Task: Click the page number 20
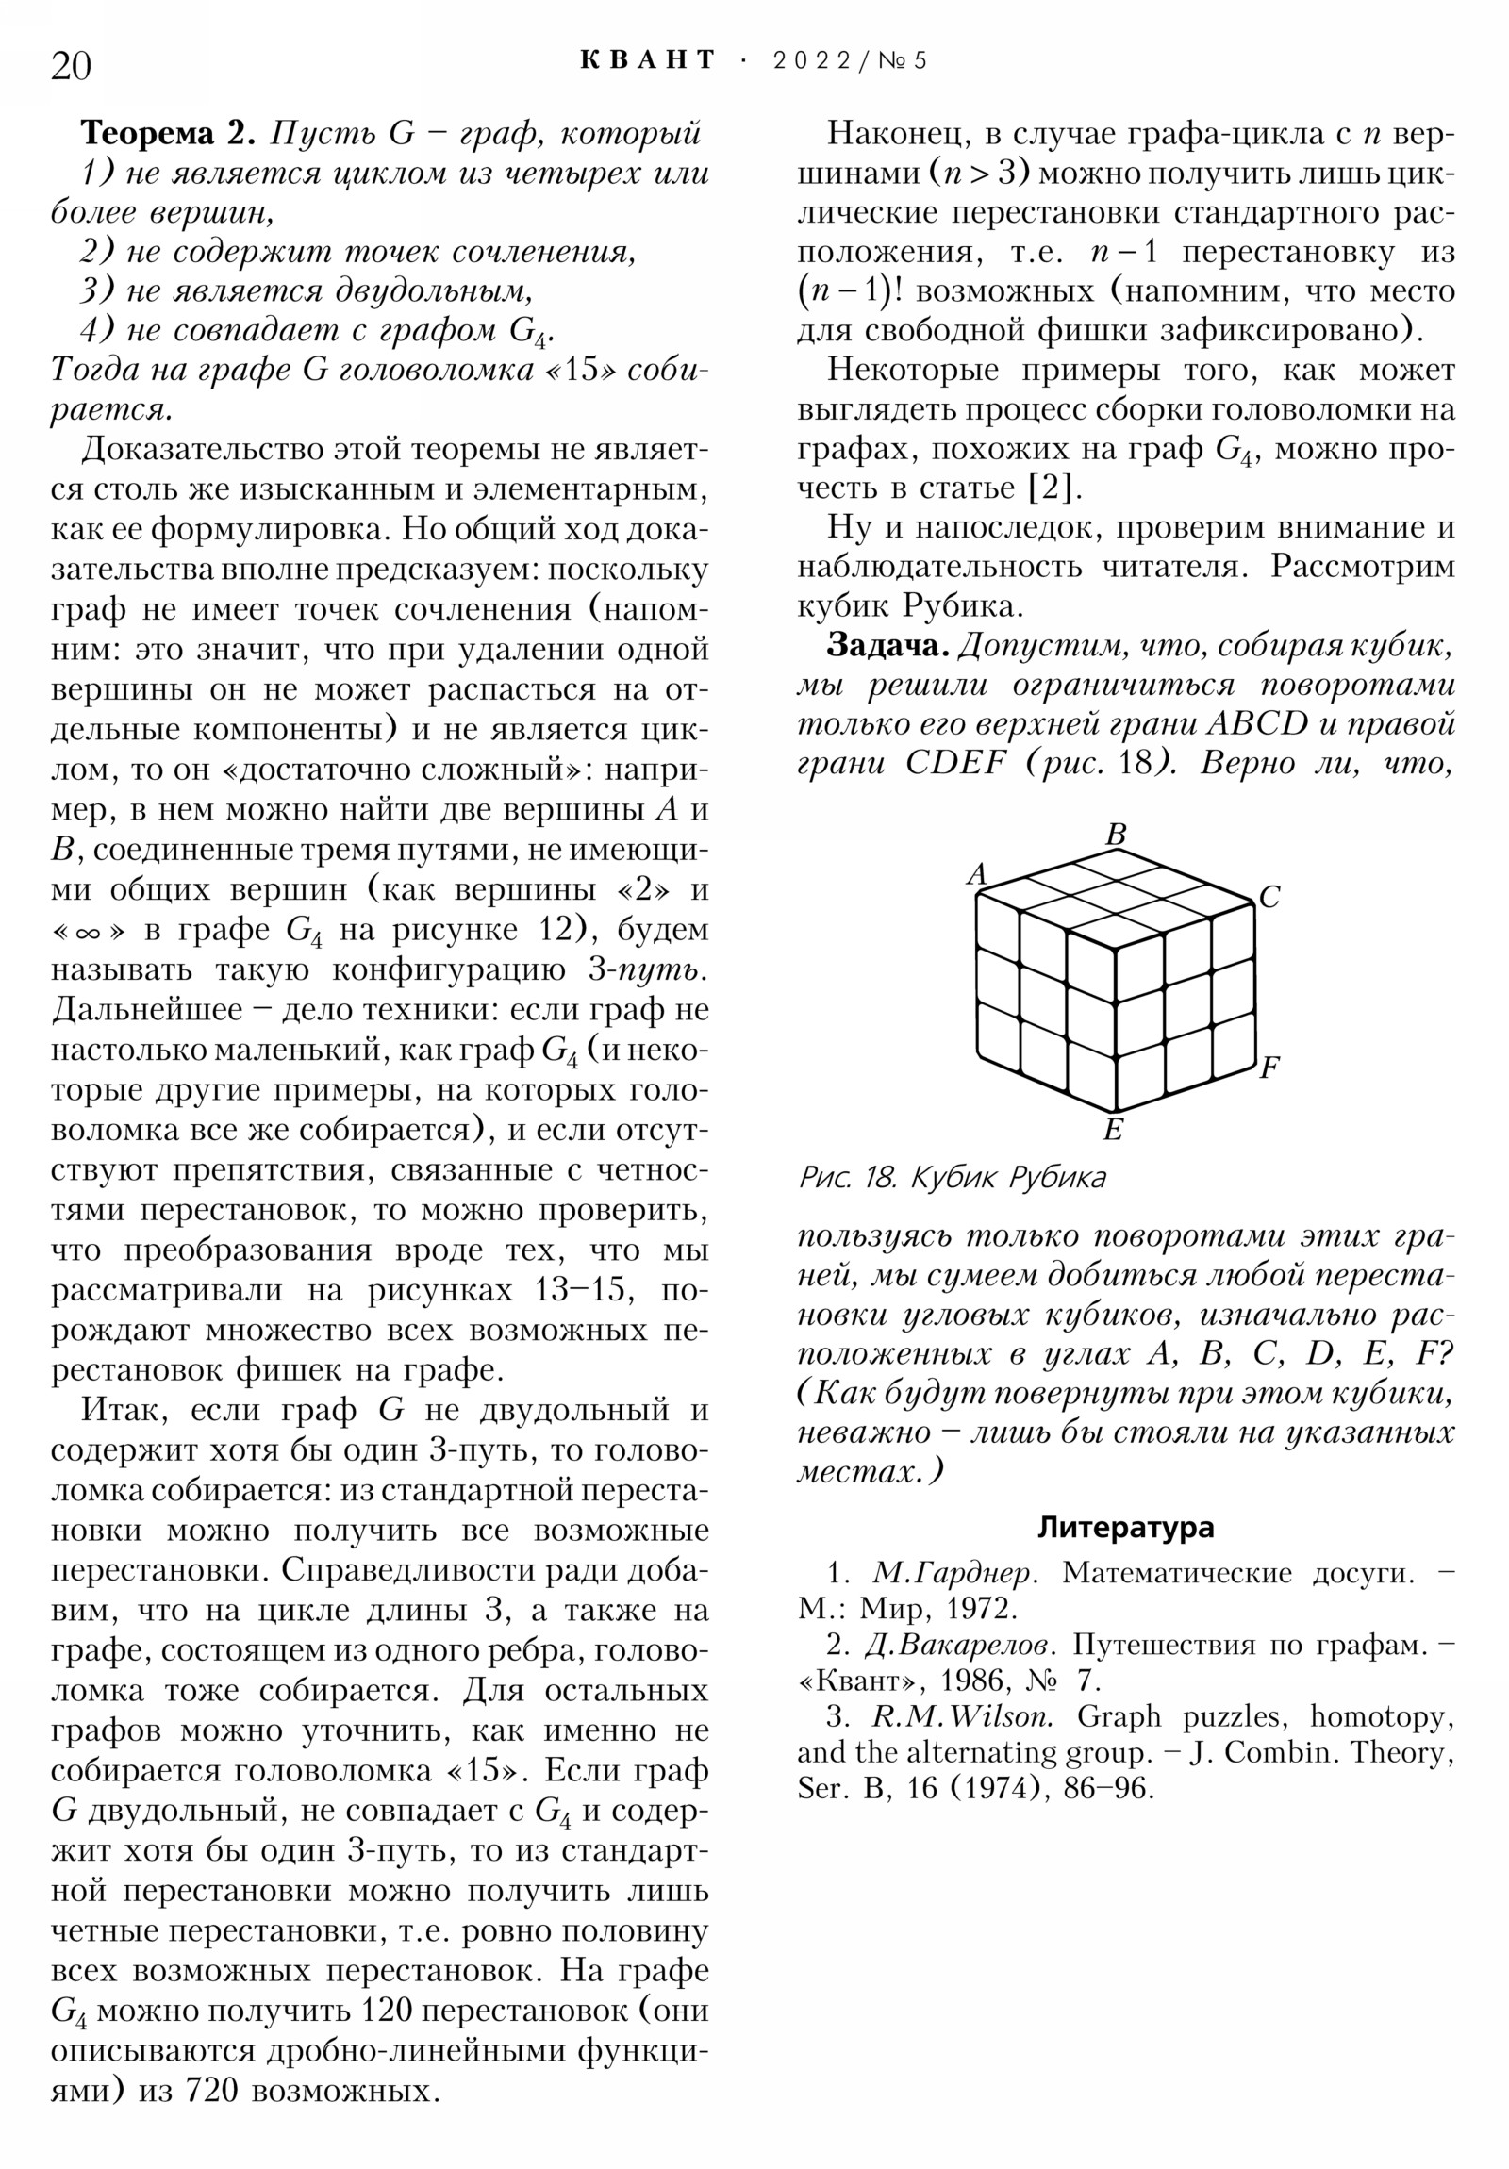pos(71,66)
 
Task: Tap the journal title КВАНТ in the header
pos(648,60)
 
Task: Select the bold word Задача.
pos(887,646)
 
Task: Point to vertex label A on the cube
pos(976,874)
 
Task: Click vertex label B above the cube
pos(1116,835)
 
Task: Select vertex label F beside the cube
pos(1269,1068)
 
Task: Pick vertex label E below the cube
pos(1113,1130)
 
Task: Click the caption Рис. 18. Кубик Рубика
pos(952,1178)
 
